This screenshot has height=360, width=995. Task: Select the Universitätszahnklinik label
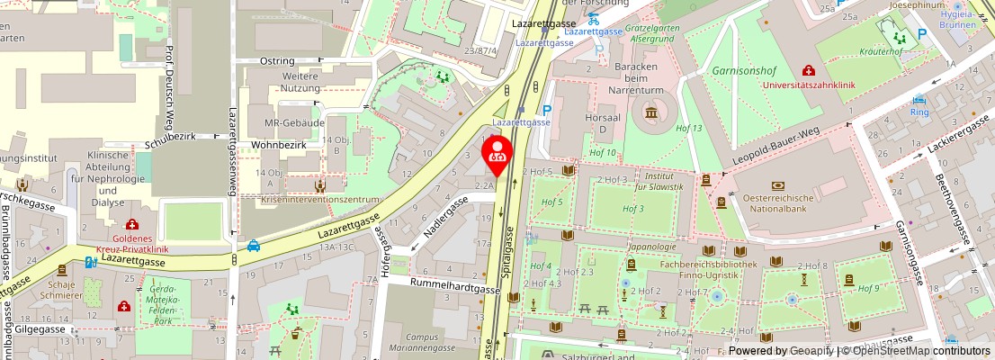(x=820, y=85)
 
